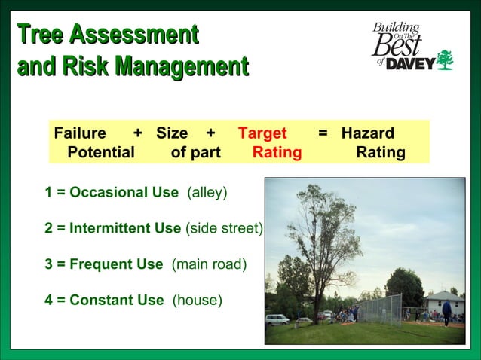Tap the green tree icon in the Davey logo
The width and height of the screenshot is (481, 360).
coord(446,60)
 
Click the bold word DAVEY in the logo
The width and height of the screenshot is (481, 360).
coord(410,64)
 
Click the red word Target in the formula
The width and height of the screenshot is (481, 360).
coord(262,133)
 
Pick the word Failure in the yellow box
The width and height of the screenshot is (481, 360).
coord(80,133)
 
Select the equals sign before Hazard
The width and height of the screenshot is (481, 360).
coord(323,133)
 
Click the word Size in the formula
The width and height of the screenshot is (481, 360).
coord(172,133)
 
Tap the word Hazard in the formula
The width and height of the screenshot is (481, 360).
coord(367,133)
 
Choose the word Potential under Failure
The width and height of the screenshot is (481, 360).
coord(101,153)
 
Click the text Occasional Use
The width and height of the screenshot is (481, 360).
coord(124,192)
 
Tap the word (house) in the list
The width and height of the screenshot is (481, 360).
coord(198,301)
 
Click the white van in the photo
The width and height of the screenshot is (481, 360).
coord(277,319)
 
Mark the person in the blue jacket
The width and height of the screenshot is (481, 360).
coord(446,312)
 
